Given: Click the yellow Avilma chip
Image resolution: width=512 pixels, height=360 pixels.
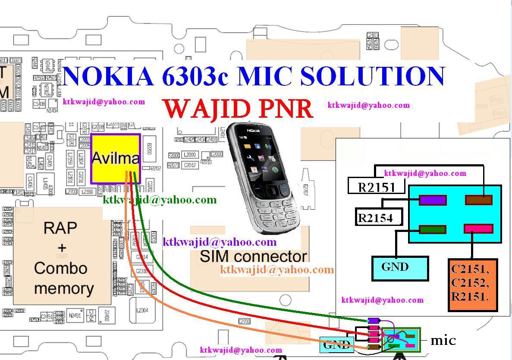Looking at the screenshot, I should click(x=115, y=158).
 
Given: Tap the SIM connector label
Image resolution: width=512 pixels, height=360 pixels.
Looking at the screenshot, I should click(x=253, y=257).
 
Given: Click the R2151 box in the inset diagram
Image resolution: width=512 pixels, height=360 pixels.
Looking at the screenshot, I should click(x=377, y=187).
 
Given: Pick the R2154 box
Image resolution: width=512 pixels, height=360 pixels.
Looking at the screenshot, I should click(x=379, y=217).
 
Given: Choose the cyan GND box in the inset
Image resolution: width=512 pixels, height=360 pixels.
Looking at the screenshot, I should click(x=400, y=268).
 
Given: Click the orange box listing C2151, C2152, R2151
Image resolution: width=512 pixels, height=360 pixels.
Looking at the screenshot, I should click(x=472, y=285).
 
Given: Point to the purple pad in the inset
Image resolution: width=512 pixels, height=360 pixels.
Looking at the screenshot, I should click(x=433, y=200).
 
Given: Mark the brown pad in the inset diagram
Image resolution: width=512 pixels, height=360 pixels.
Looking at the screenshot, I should click(x=478, y=200).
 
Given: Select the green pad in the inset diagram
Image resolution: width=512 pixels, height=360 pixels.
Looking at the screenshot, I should click(x=432, y=230).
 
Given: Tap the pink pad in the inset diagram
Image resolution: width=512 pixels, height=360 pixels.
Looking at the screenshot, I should click(x=478, y=229).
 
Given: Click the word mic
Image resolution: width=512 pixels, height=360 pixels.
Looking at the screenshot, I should click(x=443, y=341).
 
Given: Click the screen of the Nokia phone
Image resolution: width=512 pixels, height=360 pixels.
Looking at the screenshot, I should click(x=257, y=157).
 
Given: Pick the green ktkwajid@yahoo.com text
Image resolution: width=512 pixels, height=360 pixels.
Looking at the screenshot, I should click(x=160, y=200).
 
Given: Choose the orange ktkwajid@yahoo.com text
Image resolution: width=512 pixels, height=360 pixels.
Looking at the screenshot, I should click(x=276, y=270).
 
